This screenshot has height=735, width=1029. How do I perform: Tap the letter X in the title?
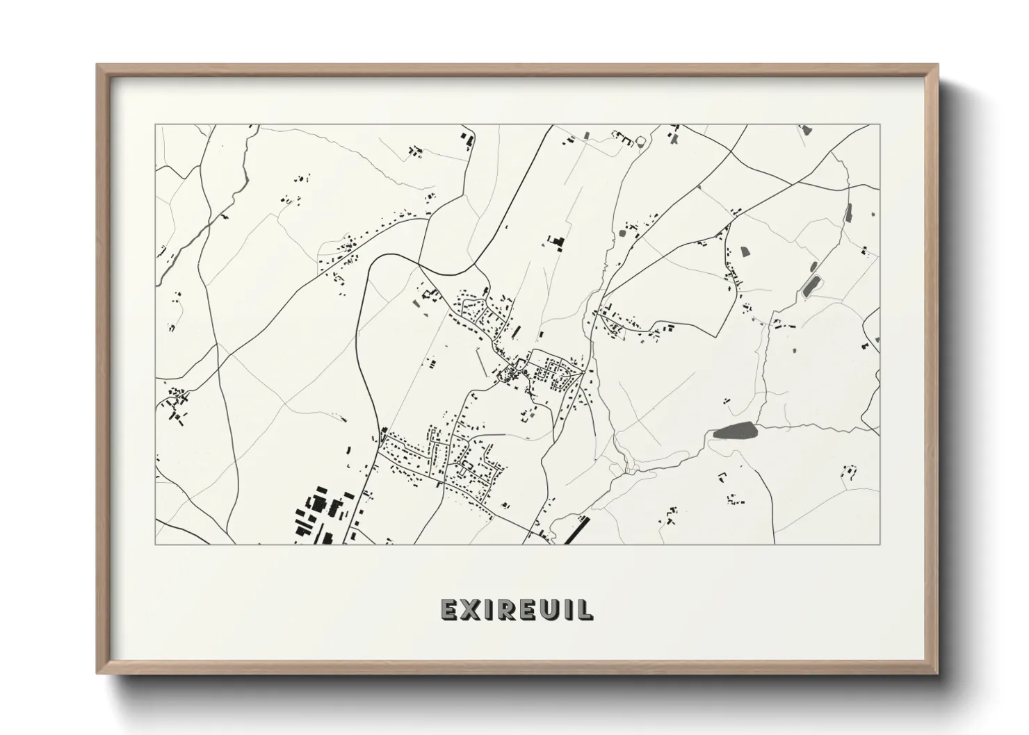click(x=472, y=609)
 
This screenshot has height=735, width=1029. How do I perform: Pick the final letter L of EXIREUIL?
click(x=586, y=609)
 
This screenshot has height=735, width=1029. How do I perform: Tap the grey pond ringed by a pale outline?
click(x=811, y=286)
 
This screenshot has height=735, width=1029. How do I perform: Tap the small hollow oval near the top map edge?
click(x=640, y=141)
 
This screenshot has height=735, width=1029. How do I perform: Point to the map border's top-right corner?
click(x=880, y=125)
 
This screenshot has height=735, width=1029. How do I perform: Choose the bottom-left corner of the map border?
click(x=155, y=544)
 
